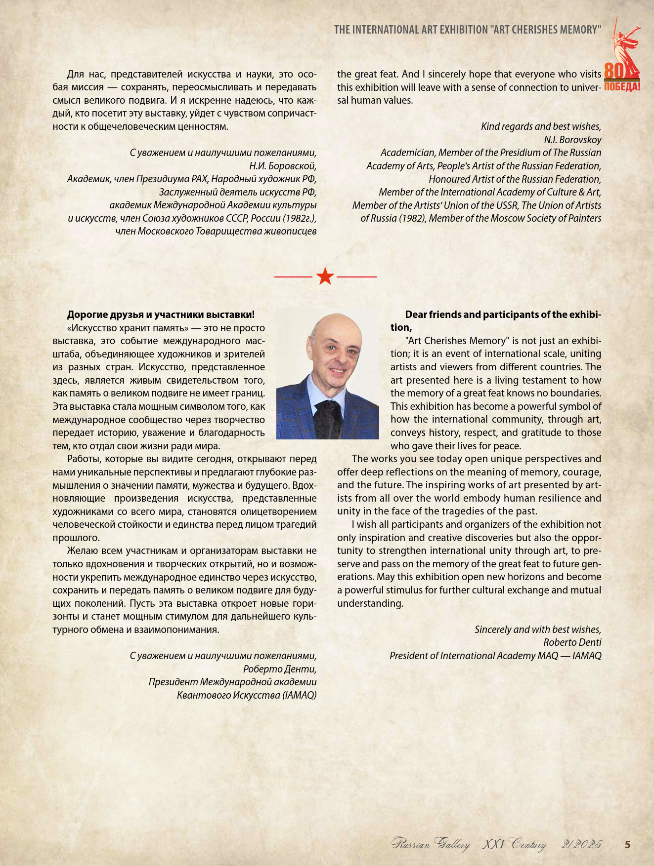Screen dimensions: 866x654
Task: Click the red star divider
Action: (x=325, y=276)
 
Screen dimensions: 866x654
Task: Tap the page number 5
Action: (x=628, y=844)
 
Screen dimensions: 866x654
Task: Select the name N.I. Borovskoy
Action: (x=572, y=140)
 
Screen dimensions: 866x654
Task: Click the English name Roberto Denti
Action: (x=572, y=642)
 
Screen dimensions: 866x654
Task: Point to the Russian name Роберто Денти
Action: (x=280, y=669)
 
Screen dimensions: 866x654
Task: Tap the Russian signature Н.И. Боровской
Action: (x=283, y=166)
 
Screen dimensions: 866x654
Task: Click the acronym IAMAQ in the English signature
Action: (x=587, y=656)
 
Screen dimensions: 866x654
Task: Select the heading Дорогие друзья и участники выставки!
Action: (x=161, y=315)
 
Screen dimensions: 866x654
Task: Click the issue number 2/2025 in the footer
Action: (x=581, y=844)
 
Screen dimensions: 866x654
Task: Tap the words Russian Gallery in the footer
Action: (x=431, y=844)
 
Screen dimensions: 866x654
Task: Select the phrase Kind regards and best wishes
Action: (x=541, y=126)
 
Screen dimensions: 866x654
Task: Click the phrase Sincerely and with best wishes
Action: (x=538, y=630)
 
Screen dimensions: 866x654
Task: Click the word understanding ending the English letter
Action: (x=370, y=603)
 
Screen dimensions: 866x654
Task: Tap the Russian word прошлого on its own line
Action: (x=76, y=538)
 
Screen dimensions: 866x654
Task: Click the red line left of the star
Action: (x=294, y=277)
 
